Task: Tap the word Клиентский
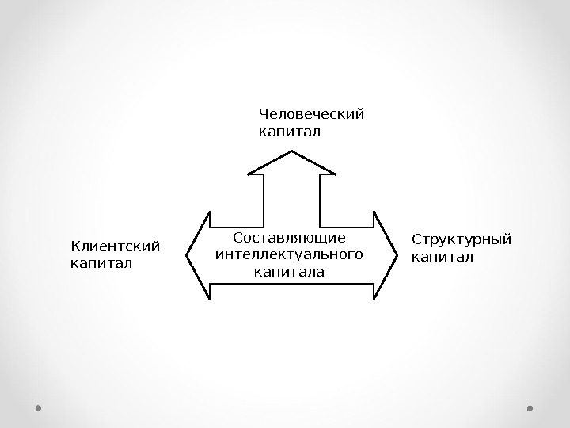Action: click(x=115, y=246)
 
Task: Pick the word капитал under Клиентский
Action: click(x=101, y=262)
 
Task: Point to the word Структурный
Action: click(x=462, y=240)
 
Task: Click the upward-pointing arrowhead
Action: click(x=291, y=163)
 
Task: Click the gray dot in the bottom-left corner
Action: click(x=38, y=408)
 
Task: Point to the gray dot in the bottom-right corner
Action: click(x=530, y=408)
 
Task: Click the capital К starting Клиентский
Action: click(x=75, y=246)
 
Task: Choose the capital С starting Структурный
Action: click(x=417, y=240)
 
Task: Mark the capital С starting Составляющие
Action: click(x=239, y=238)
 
